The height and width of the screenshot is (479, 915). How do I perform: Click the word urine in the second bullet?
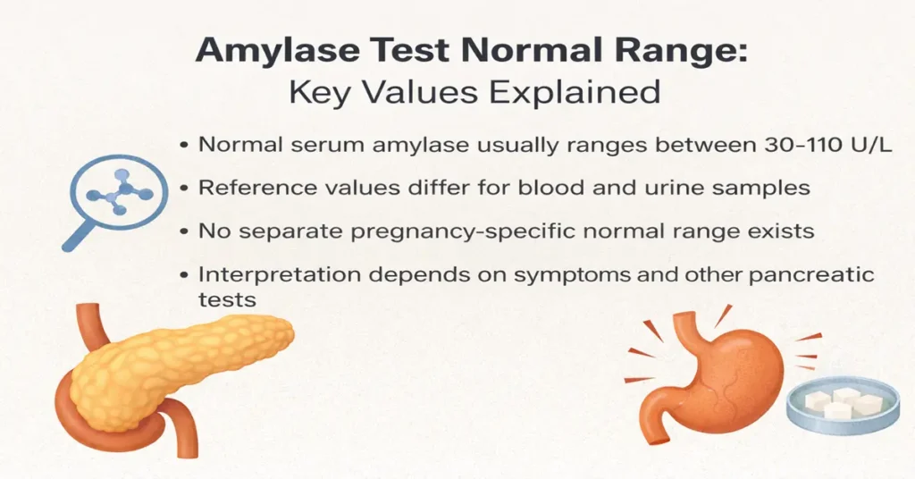[658, 188]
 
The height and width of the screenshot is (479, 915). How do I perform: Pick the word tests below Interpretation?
[227, 299]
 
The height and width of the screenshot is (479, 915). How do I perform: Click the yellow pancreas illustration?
[179, 366]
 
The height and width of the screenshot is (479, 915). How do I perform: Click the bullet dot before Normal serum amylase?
[183, 145]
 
